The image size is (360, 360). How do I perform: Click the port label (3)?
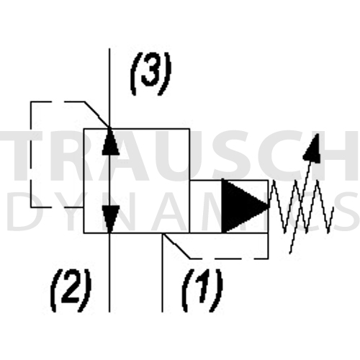tap(150, 73)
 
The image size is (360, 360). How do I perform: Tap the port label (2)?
tap(71, 290)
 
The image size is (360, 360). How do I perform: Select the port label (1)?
tap(202, 290)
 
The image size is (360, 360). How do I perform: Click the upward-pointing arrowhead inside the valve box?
tap(110, 142)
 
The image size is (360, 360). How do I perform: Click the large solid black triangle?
tap(244, 206)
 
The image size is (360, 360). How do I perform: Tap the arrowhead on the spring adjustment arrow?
tap(312, 148)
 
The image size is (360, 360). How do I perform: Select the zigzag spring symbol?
tap(301, 207)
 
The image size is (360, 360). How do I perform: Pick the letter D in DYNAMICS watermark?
tap(22, 211)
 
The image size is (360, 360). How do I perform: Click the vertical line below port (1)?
tap(163, 273)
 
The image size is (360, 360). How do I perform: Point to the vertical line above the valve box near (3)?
tap(109, 89)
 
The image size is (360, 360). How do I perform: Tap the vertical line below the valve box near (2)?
tap(109, 273)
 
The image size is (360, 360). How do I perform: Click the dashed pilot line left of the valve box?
tap(31, 154)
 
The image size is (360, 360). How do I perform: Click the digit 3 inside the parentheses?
tap(150, 71)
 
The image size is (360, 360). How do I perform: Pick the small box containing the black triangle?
tap(229, 207)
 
